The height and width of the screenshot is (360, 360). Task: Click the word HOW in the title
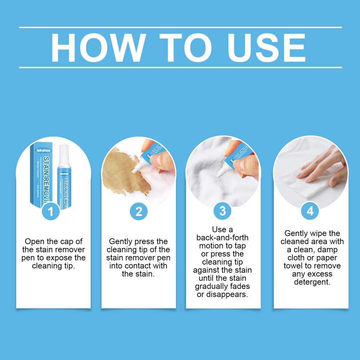click(99, 48)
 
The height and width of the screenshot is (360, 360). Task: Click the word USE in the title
click(266, 48)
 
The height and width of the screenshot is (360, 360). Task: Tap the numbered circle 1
click(51, 211)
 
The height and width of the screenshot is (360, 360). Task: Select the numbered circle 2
click(139, 211)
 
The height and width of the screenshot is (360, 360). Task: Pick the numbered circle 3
click(223, 211)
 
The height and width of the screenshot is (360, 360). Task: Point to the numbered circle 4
click(310, 211)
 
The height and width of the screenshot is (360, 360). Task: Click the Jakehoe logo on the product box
click(43, 151)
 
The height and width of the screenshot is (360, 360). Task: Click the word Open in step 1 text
click(35, 241)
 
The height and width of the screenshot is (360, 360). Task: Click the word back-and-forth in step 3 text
click(222, 237)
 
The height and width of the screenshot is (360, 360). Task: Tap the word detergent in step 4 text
click(312, 282)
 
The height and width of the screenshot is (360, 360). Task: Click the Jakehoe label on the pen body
click(64, 173)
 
